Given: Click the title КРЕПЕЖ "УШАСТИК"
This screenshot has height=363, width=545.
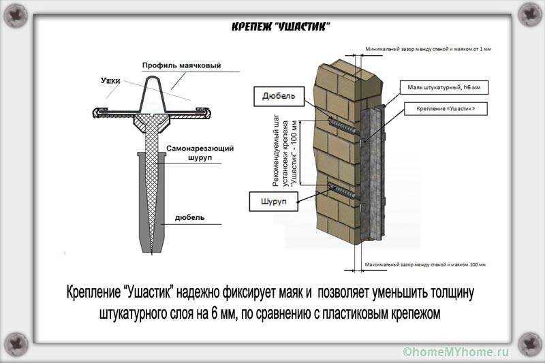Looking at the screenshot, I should [281, 26].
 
